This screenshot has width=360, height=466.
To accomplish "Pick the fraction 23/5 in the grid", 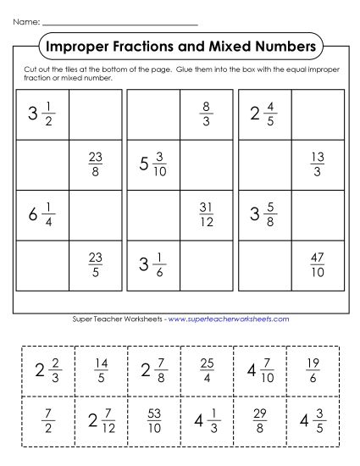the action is (x=96, y=264).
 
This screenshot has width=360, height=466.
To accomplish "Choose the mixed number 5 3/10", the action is (x=154, y=164).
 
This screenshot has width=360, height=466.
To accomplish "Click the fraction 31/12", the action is (x=206, y=214).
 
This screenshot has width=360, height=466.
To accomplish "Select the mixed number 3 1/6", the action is (x=154, y=264).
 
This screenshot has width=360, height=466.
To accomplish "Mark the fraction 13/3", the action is (x=318, y=164).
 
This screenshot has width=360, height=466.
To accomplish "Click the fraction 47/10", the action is (x=318, y=264).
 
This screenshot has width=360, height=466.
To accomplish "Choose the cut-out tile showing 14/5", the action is (x=100, y=369).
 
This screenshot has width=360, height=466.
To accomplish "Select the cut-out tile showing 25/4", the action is (x=207, y=369).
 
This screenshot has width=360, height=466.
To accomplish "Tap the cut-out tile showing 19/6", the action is (x=313, y=369).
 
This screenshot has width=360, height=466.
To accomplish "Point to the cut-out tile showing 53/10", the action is (x=153, y=419).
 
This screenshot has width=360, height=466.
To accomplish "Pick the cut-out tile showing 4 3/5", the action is (x=313, y=419).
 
